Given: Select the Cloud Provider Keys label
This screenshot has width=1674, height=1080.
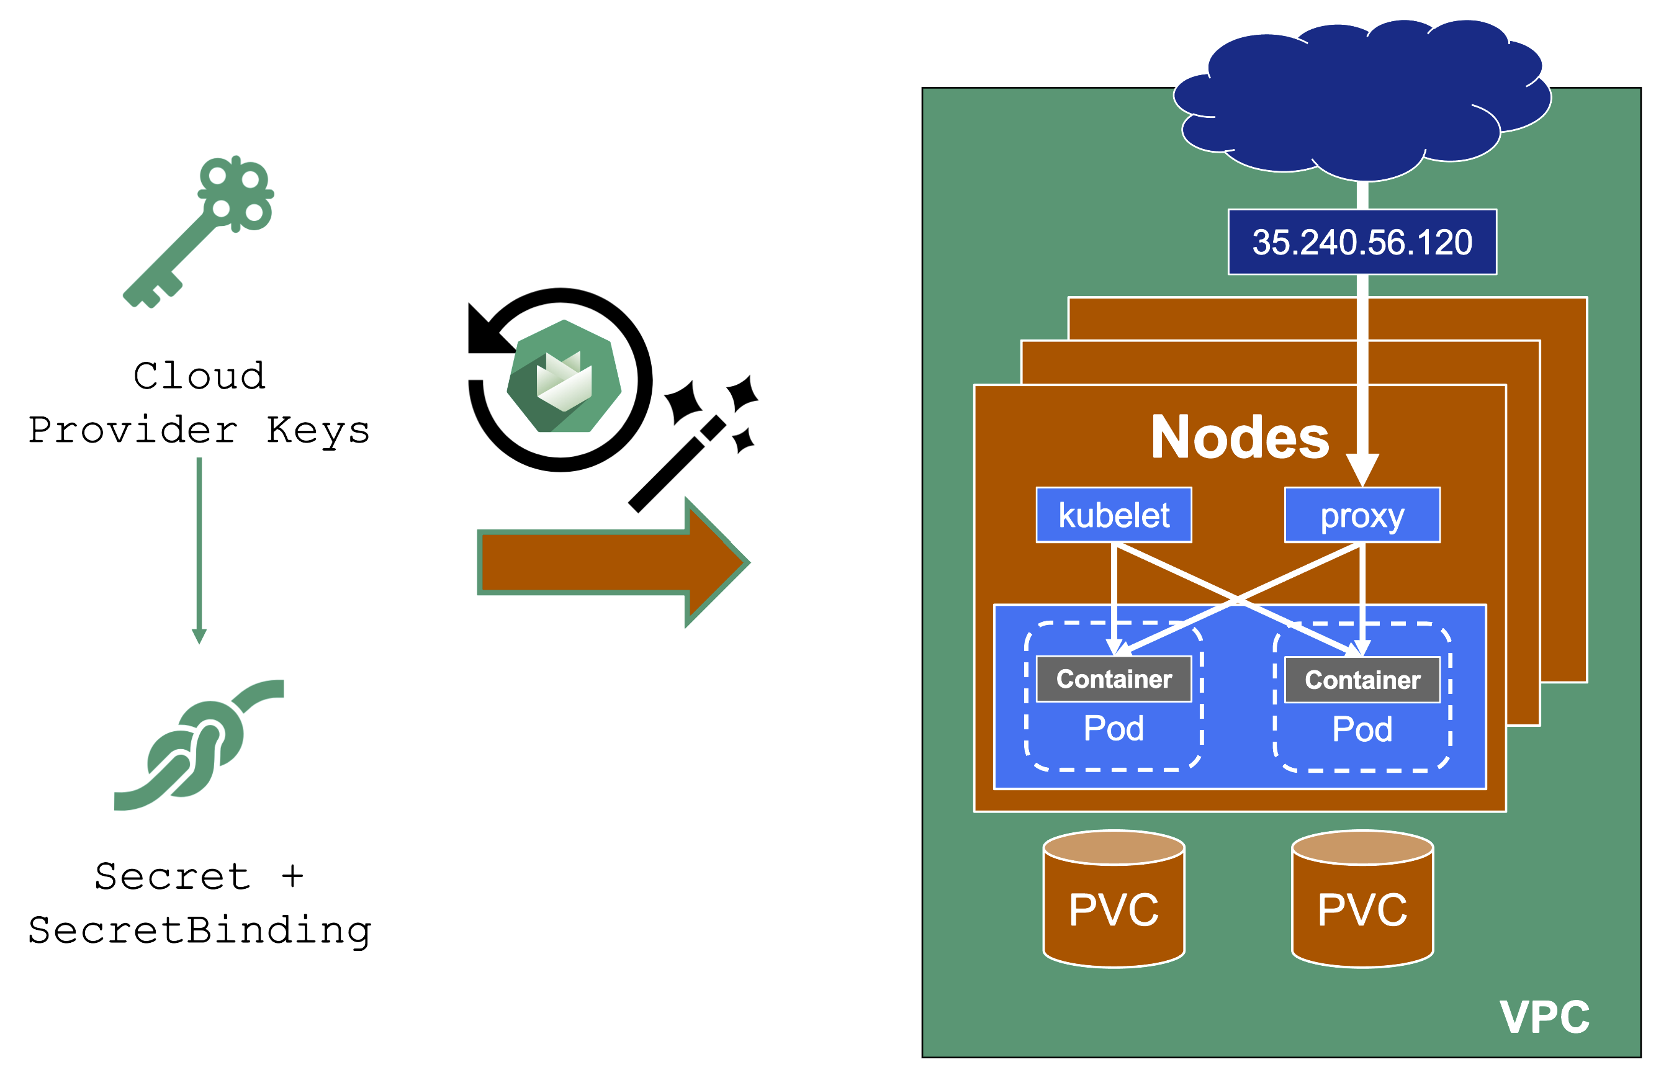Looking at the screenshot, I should pos(199,403).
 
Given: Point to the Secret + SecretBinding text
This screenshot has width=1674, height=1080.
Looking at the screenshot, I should pos(200,904).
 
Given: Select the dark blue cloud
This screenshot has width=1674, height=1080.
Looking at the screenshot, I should pos(1361,98).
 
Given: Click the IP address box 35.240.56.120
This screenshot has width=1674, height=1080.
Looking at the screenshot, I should pos(1361,242).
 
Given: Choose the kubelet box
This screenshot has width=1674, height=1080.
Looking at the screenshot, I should pos(1114,515).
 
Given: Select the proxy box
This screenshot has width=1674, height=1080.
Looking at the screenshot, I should pos(1361,515).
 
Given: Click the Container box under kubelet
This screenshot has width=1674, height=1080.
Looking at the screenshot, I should pos(1114,679).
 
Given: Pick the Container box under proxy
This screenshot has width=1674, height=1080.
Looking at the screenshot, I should pos(1361,680).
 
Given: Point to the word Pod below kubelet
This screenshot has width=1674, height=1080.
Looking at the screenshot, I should pos(1114,729).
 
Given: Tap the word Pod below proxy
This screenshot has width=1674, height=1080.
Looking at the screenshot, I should pos(1361,730).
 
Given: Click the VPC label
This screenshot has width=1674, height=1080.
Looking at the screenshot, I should pos(1544,1017).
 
